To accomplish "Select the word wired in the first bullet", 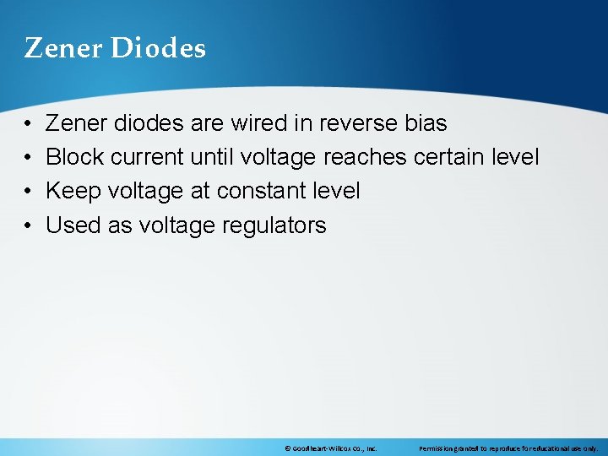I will (257, 123).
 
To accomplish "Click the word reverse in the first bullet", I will (356, 123).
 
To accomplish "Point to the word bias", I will (426, 123).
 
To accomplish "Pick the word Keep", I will (70, 191).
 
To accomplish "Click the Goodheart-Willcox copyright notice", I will (330, 448).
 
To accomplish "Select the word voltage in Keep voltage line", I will (146, 191).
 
